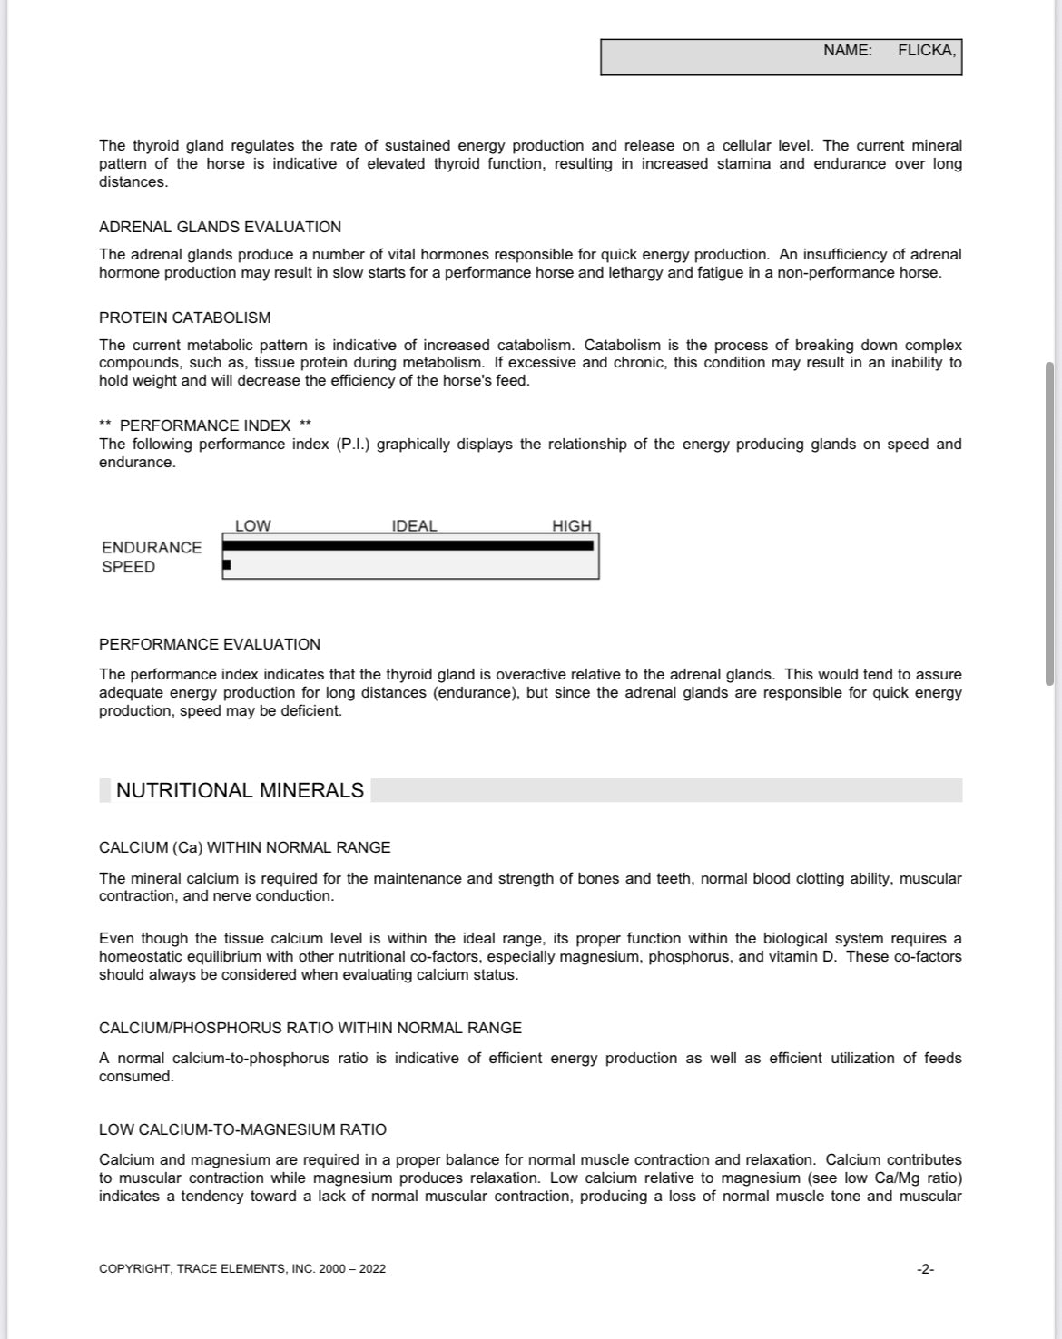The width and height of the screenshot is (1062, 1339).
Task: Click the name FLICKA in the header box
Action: click(926, 51)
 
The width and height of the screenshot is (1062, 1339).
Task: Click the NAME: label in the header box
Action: click(847, 51)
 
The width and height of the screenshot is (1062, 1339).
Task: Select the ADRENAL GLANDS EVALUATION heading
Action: click(220, 227)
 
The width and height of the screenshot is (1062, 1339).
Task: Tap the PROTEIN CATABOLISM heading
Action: click(184, 318)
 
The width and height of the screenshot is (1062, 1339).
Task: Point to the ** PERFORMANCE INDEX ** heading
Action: click(205, 425)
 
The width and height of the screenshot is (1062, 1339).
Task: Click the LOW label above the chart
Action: click(252, 526)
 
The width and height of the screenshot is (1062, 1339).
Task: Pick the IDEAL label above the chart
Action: click(414, 526)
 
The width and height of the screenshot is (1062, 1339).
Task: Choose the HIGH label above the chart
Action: click(571, 526)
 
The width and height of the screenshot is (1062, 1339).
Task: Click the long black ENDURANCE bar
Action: click(408, 545)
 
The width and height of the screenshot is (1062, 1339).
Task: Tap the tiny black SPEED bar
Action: click(227, 565)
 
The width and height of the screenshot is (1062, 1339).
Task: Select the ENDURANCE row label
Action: click(152, 548)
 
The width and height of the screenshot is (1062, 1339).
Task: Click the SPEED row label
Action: click(128, 567)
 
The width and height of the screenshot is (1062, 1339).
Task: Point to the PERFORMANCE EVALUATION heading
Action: click(209, 644)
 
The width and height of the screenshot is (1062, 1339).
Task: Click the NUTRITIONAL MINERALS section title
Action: click(240, 790)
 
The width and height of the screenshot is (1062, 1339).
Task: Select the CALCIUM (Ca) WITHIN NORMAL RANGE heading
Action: click(244, 847)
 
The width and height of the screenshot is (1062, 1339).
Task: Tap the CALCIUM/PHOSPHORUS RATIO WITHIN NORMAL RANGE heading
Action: click(310, 1028)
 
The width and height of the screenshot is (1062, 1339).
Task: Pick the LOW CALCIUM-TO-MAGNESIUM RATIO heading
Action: click(242, 1129)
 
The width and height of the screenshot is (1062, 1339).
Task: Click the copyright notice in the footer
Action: click(241, 1269)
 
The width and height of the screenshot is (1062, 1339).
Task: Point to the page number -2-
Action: click(925, 1269)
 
